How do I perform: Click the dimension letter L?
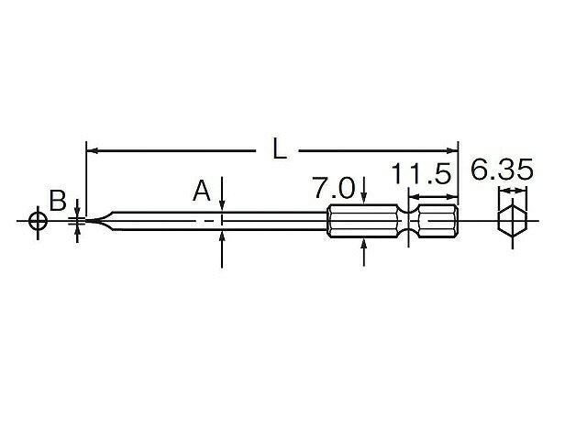coord(279,148)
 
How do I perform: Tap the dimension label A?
coord(202,191)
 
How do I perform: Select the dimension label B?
coord(58,201)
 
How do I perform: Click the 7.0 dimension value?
coord(333,188)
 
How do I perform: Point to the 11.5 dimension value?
coord(421,173)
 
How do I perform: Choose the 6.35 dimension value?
coord(502,170)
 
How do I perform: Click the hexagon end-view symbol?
coord(513,221)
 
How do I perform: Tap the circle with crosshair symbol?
coord(38,221)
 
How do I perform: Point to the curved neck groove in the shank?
coord(408,221)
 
